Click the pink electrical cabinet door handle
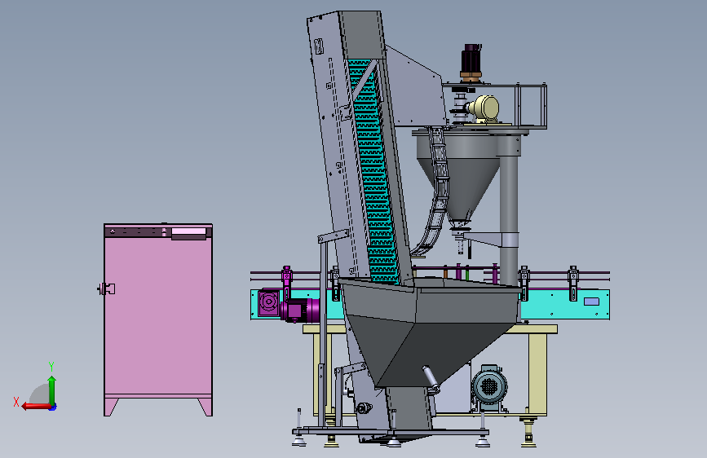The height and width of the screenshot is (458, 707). [107, 289]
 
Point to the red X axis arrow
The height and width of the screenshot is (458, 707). [37, 406]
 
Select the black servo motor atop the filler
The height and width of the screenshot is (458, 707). [471, 62]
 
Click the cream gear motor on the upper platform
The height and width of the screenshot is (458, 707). [484, 109]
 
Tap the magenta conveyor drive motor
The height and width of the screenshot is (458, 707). [300, 310]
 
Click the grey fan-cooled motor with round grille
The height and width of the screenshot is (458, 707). [489, 388]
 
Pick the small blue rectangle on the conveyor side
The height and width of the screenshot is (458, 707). [591, 302]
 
